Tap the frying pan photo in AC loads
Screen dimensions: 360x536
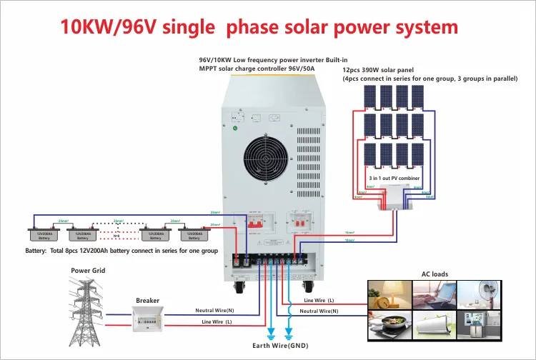pos(389,329)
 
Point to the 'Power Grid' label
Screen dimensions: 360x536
pos(88,271)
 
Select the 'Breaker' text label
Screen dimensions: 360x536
pos(147,301)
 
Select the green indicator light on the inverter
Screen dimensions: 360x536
pos(236,129)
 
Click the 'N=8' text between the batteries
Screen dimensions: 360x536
pos(116,235)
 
